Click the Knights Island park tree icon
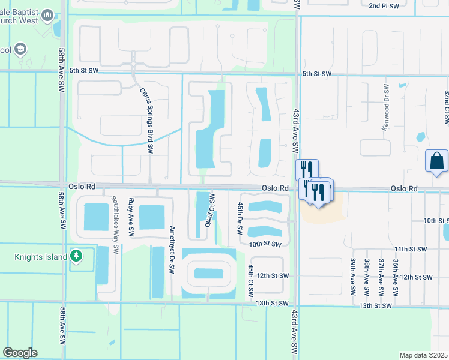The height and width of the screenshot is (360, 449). pos(76,257)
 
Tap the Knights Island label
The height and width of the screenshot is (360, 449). pos(40,257)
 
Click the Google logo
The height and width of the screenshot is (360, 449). pos(20,353)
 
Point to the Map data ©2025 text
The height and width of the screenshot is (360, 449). pos(423,355)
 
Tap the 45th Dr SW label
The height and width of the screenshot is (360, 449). pos(240,218)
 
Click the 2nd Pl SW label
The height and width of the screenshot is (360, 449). pos(384,5)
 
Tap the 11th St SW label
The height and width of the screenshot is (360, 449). pos(410,248)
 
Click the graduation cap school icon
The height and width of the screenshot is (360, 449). pos(20,49)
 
